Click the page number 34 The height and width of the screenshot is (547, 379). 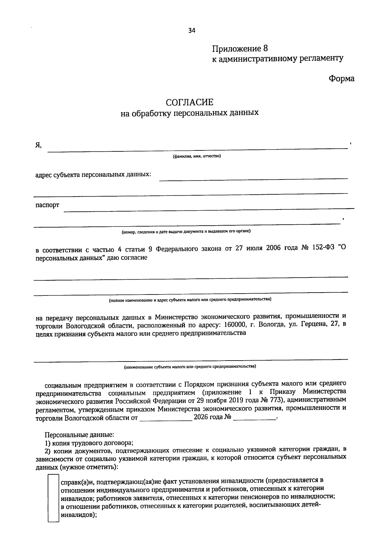[x=192, y=31]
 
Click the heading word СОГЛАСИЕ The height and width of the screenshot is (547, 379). [x=189, y=102]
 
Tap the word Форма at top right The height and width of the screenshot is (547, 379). [x=341, y=79]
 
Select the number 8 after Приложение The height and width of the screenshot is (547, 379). [x=265, y=49]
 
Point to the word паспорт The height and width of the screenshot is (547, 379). [x=47, y=205]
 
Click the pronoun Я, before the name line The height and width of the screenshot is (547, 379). [x=39, y=145]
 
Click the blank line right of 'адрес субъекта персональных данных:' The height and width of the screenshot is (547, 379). [x=253, y=177]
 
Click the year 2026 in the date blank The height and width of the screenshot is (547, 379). [x=201, y=417]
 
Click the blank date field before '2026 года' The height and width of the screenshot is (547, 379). [x=166, y=418]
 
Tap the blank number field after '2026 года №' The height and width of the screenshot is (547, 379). [x=255, y=418]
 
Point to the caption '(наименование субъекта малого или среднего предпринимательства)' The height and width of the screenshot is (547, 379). [x=190, y=367]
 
